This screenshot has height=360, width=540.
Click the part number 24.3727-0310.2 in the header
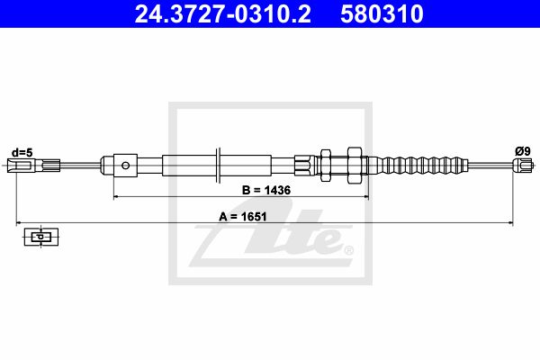[x=223, y=14]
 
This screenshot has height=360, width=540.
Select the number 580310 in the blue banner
[x=382, y=14]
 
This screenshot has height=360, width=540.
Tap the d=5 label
[x=22, y=152]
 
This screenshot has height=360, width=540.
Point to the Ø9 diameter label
[x=522, y=151]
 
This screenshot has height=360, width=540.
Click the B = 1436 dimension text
[x=266, y=190]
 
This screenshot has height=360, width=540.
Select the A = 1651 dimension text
[x=243, y=217]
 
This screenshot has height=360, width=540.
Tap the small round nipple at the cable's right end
[x=521, y=166]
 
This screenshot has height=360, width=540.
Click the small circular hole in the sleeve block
[x=126, y=166]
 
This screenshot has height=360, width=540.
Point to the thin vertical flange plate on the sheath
[x=218, y=166]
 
